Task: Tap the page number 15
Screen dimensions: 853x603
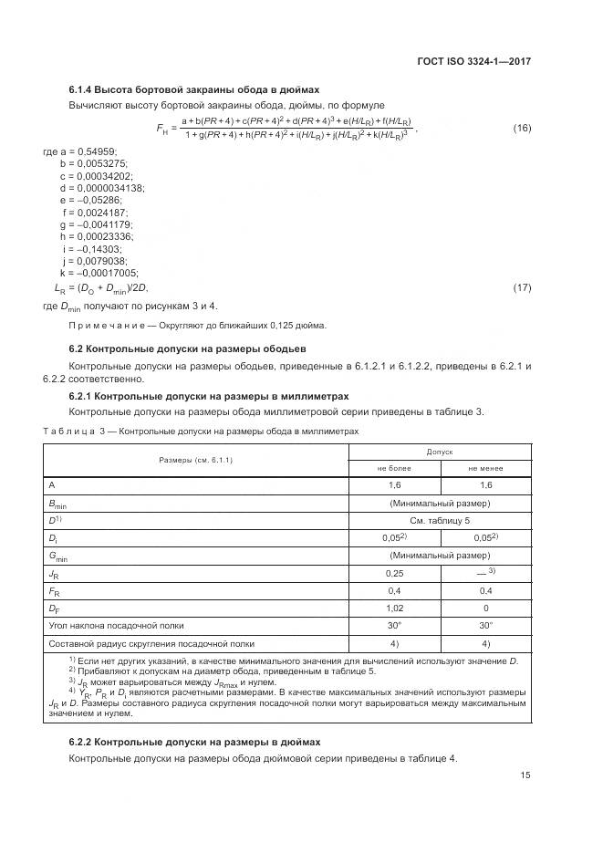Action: (525, 775)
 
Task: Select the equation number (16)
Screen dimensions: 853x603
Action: (522, 127)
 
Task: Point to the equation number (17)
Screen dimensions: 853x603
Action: (522, 287)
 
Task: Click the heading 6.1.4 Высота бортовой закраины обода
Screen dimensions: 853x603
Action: (194, 89)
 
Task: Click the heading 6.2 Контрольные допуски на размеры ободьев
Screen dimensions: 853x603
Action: (187, 348)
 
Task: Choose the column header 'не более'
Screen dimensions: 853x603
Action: (395, 468)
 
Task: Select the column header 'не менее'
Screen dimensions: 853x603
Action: (485, 468)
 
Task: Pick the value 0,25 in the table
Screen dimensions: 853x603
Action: (395, 572)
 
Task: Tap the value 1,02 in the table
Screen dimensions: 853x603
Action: (395, 607)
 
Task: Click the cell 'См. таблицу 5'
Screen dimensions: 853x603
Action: (440, 520)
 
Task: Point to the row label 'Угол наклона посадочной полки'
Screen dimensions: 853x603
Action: (116, 625)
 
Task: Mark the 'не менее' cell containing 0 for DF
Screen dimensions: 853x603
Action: (485, 607)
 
